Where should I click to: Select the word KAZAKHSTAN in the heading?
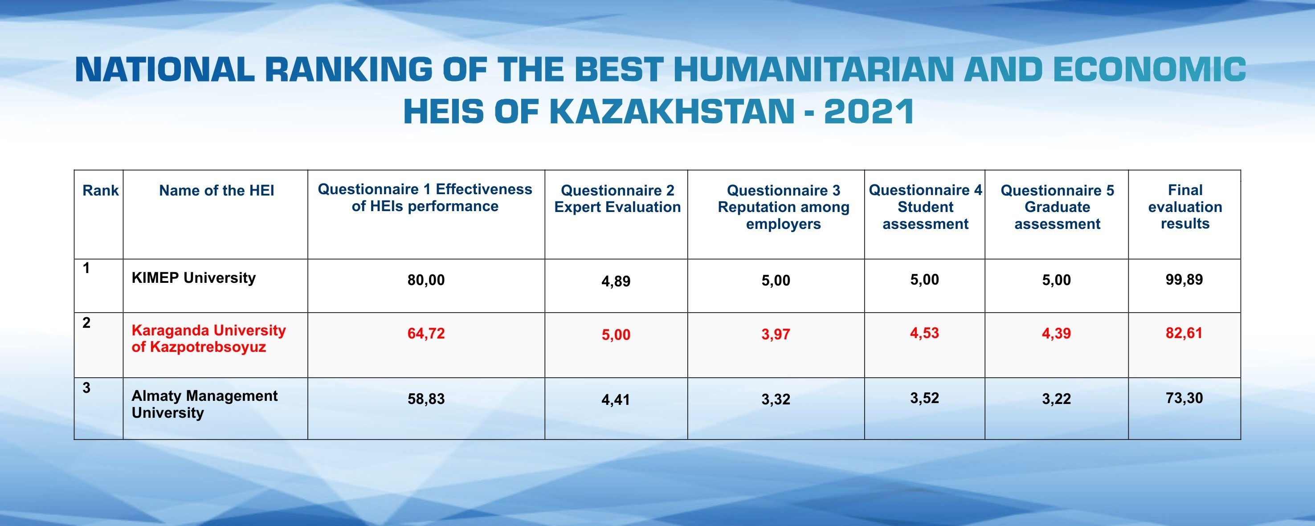pos(672,112)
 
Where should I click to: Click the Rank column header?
pos(101,190)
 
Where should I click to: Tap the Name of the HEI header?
pos(216,190)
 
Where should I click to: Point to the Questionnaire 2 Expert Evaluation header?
pos(617,199)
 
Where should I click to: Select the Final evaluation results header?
pos(1185,207)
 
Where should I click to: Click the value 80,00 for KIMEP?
pos(426,280)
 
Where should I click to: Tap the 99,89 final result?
pos(1184,280)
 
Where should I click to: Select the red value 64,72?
pos(426,334)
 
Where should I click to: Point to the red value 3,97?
pos(776,334)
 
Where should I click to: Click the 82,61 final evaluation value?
pos(1184,333)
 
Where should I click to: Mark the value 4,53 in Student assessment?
pos(924,333)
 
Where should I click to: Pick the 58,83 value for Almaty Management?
pos(426,399)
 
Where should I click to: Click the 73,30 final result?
pos(1184,398)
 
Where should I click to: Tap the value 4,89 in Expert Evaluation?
pos(616,281)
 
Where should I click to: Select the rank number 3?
pos(86,388)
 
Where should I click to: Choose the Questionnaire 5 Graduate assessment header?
pos(1057,207)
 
